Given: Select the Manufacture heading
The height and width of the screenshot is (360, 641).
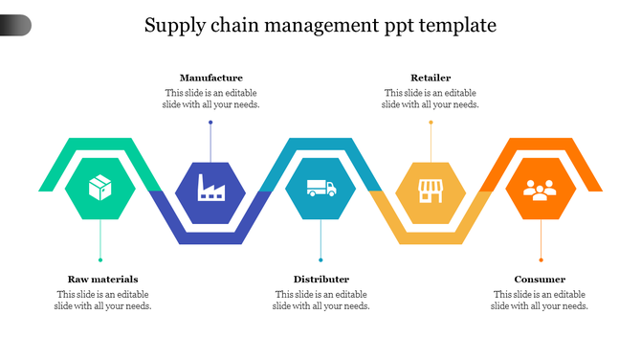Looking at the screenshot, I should pos(210,78).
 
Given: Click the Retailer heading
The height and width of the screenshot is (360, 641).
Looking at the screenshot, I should pos(431,78).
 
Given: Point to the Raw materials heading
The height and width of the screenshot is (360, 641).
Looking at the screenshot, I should pos(102,280).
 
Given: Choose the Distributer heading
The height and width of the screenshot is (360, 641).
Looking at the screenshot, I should pos(320,280).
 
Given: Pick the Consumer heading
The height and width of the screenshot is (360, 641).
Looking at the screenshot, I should pos(540,280).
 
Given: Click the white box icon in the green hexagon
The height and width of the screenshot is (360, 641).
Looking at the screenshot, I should pos(100,188).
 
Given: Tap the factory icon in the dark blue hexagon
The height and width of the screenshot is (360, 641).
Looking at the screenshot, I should pos(210,188).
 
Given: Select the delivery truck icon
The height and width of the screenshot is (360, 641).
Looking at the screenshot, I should pos(320,188).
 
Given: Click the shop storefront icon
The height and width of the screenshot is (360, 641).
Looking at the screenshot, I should pos(431,189).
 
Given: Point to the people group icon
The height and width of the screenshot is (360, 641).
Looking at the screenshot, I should pos(541,189).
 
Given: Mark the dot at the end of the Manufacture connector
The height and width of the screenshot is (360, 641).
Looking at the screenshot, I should pos(210,123).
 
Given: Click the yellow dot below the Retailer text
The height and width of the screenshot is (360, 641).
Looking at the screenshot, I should pos(431,123).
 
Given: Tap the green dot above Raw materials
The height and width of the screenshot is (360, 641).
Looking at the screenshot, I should pos(100,259).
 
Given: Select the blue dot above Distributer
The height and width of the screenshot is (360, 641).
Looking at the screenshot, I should pos(320,259).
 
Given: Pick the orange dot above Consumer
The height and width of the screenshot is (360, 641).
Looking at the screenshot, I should pos(541,259).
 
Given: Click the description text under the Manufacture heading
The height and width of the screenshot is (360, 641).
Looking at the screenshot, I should pos(210,99).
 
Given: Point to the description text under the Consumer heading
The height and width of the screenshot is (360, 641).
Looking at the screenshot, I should pos(540,300).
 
